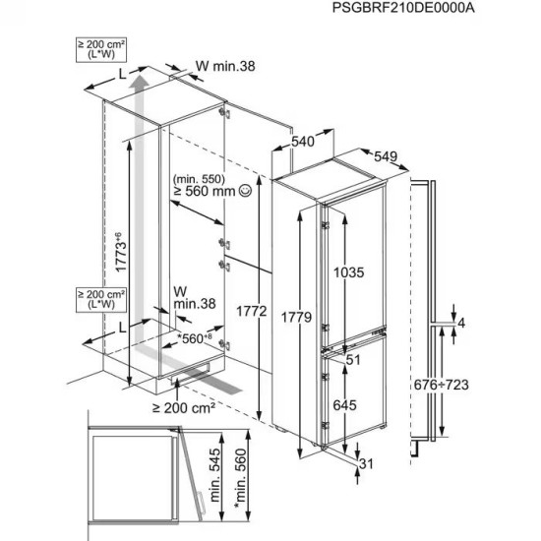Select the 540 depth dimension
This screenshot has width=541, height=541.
(x=302, y=143)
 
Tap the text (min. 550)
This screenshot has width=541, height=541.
(x=197, y=178)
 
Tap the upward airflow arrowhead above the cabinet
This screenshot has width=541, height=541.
(x=140, y=74)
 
